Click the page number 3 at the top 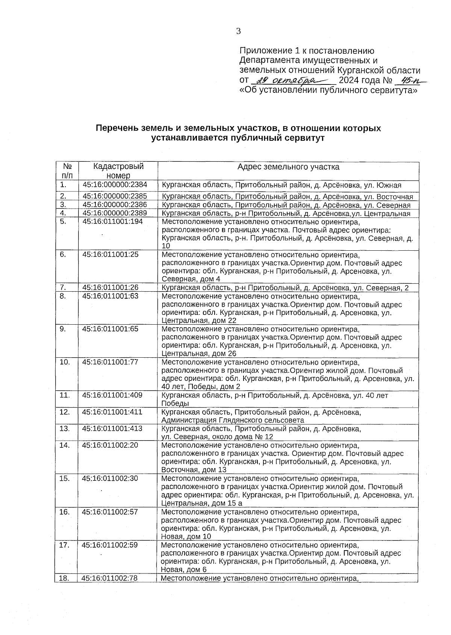pyautogui.click(x=238, y=31)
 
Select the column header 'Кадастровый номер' pyautogui.click(x=118, y=171)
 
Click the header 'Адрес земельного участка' pyautogui.click(x=288, y=167)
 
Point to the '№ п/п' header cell pyautogui.click(x=67, y=171)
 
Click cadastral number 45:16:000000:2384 pyautogui.click(x=115, y=185)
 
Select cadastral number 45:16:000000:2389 pyautogui.click(x=115, y=213)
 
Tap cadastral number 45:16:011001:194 pyautogui.click(x=113, y=221)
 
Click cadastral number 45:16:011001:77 pyautogui.click(x=110, y=362)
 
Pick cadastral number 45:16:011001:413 pyautogui.click(x=112, y=429)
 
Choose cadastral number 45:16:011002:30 pyautogui.click(x=110, y=479)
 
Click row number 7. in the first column pyautogui.click(x=63, y=288)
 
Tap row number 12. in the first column pyautogui.click(x=65, y=412)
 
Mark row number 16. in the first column pyautogui.click(x=65, y=512)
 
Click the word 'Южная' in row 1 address pyautogui.click(x=389, y=185)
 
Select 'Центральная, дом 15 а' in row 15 pyautogui.click(x=202, y=503)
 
